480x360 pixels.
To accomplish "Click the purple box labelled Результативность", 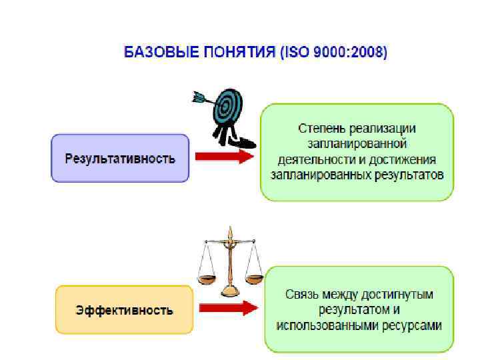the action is (120, 159).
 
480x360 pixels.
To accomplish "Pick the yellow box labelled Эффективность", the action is (124, 310).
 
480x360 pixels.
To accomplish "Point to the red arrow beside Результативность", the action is (224, 157).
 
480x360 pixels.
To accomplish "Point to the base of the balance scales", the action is (231, 291).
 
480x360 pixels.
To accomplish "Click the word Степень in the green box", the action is (320, 128).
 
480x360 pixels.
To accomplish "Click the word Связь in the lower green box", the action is (301, 294).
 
